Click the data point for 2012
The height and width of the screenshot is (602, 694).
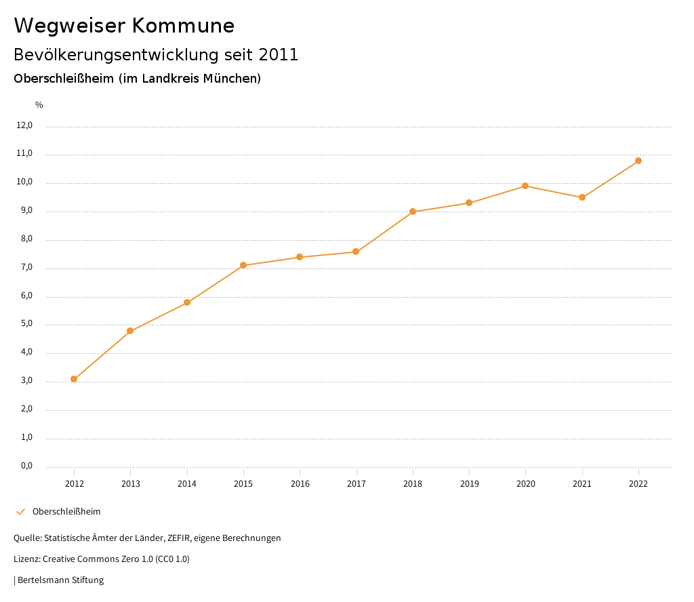click(74, 379)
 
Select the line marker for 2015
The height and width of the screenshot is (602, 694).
click(243, 265)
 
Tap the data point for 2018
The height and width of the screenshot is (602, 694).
click(413, 212)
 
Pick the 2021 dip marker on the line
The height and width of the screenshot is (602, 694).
click(582, 197)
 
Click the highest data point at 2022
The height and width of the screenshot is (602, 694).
click(638, 161)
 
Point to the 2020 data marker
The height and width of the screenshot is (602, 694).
click(525, 186)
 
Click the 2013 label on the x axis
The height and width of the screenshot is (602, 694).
click(131, 484)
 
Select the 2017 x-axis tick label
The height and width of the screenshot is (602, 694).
click(356, 484)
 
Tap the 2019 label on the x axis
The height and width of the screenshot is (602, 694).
click(469, 484)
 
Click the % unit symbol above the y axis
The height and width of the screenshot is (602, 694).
click(39, 105)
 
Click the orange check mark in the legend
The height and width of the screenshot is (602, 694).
click(20, 512)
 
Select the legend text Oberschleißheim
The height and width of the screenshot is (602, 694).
click(66, 512)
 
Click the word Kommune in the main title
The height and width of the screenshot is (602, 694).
click(183, 26)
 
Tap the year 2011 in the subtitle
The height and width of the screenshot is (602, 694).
click(279, 55)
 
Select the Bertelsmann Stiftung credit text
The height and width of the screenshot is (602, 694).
click(60, 580)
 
